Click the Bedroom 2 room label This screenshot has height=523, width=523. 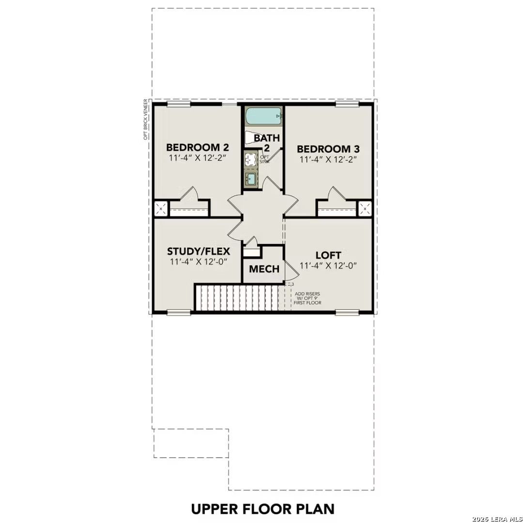198,147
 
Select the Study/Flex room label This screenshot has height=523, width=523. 199,251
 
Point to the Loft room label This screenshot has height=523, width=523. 328,255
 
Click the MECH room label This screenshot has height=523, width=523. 264,269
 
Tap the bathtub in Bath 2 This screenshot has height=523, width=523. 262,116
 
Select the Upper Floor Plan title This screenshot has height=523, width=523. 262,509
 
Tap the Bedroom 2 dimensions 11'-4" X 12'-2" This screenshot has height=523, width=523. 198,158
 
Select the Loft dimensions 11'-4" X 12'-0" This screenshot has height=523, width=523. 328,265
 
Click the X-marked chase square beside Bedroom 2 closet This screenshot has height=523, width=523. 160,209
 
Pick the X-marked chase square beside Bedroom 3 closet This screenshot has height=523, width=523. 365,209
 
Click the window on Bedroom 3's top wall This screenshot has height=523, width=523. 347,104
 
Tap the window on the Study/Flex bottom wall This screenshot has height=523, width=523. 179,313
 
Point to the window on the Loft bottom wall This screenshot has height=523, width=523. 347,313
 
